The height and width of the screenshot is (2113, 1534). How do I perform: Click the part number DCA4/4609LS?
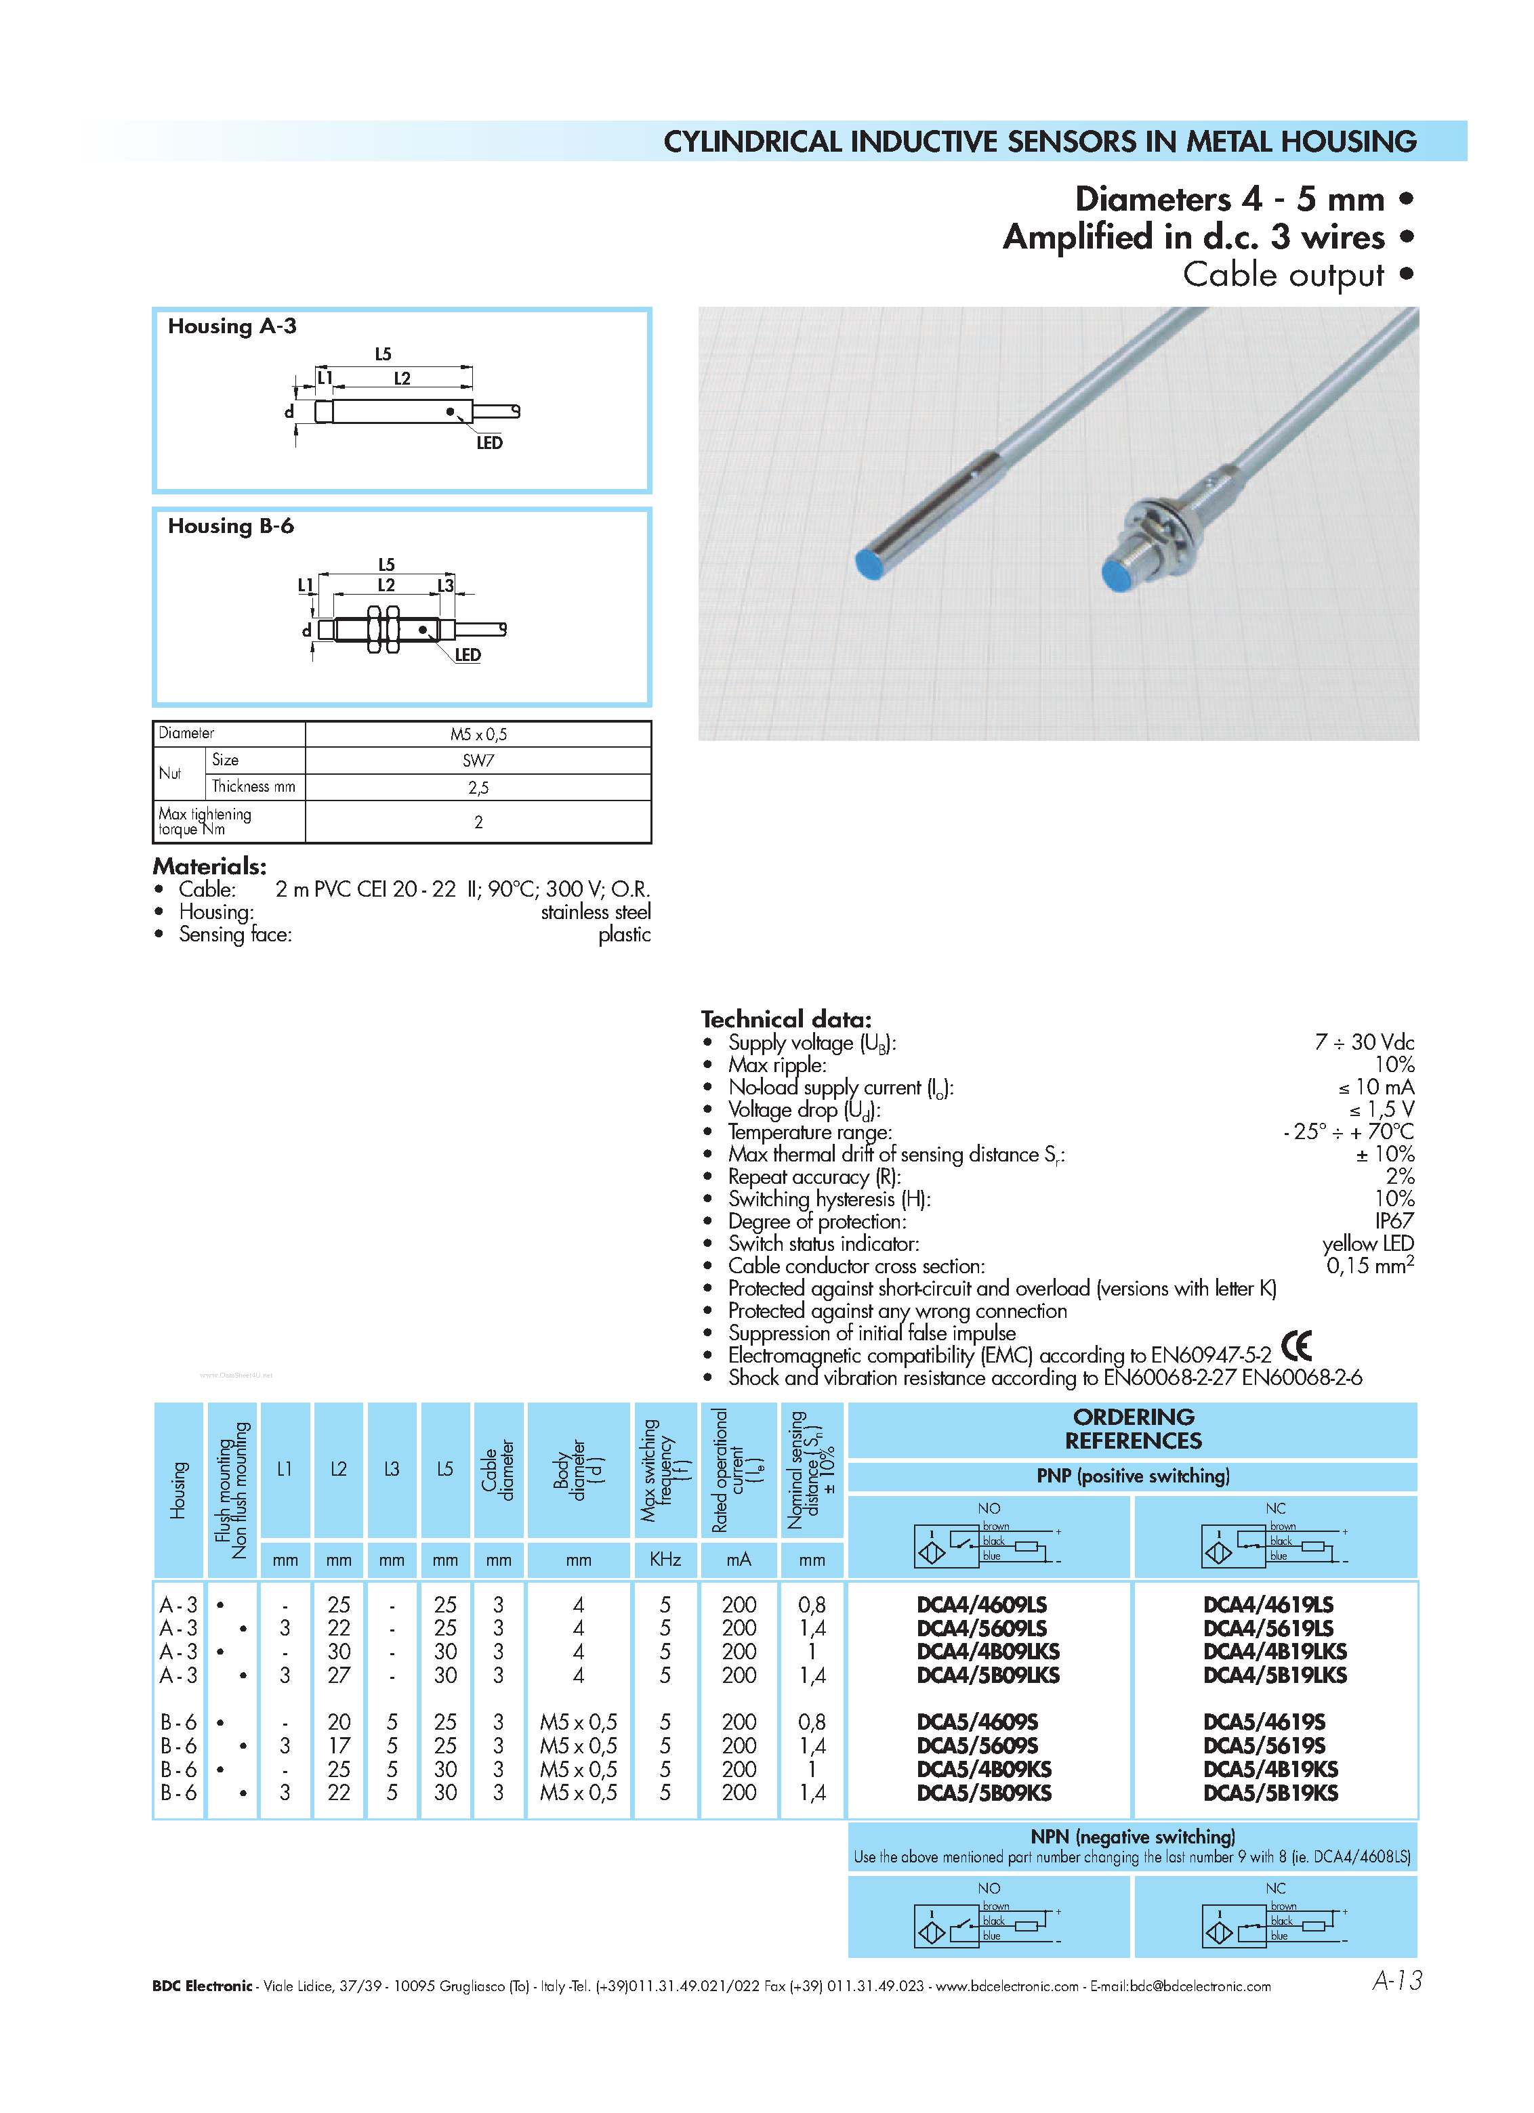(x=981, y=1604)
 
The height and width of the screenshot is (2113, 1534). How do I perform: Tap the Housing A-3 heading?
(x=232, y=326)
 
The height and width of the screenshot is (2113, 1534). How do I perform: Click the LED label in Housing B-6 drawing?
(x=468, y=655)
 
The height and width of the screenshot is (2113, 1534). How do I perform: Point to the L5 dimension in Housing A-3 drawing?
(x=383, y=354)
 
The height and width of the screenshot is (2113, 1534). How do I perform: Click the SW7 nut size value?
(x=478, y=761)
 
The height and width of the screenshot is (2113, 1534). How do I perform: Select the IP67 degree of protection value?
(x=1394, y=1220)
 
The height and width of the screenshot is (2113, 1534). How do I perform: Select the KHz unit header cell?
(x=665, y=1560)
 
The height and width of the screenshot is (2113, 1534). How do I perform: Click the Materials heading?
(x=209, y=866)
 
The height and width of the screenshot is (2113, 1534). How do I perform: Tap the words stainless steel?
(x=596, y=912)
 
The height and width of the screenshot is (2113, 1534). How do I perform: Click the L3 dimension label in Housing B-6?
(x=445, y=585)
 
